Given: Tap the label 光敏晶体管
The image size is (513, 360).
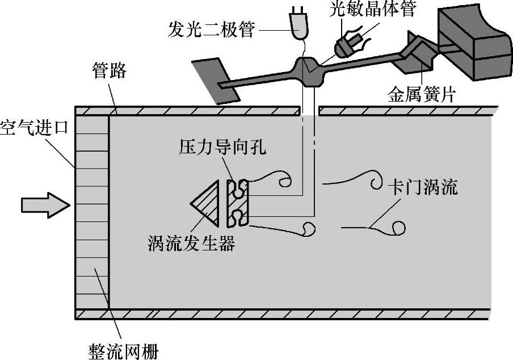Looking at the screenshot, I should (375, 10).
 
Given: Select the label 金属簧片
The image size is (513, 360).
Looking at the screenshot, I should (421, 94).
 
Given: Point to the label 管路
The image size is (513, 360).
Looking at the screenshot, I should (110, 72).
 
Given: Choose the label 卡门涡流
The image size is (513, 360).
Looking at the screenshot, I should (422, 187).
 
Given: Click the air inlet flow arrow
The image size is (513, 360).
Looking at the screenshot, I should (44, 203).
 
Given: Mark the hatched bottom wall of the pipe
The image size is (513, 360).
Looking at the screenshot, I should (284, 314).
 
